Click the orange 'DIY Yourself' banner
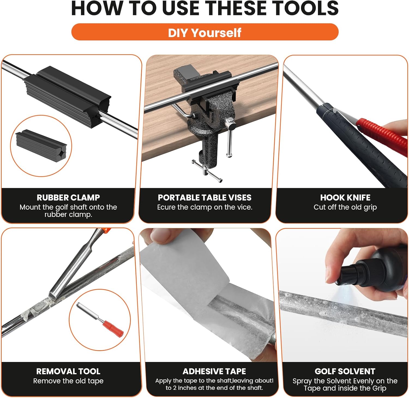[x=205, y=32]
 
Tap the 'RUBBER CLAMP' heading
[x=68, y=197]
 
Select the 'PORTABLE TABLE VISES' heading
[x=204, y=197]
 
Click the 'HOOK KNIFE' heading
[x=345, y=197]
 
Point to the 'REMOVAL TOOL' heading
[x=68, y=371]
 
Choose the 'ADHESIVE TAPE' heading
[x=214, y=371]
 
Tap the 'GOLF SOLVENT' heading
[x=345, y=371]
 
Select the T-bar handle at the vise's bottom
[x=207, y=171]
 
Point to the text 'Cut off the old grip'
[x=345, y=207]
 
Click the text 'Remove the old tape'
[x=68, y=381]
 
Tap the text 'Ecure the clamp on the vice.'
[x=204, y=207]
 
